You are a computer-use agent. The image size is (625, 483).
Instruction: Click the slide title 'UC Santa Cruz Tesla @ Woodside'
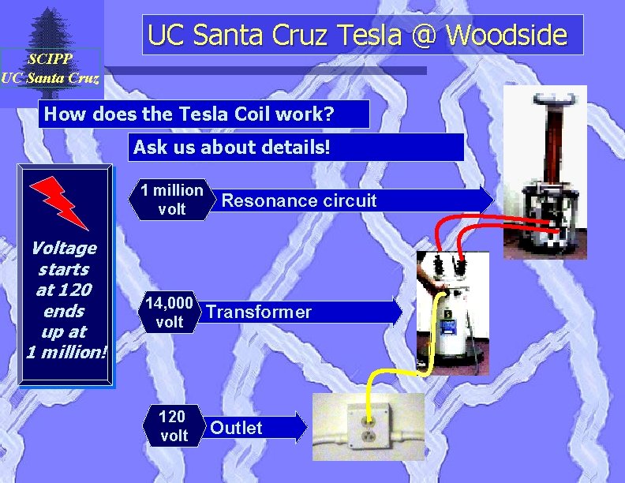(x=357, y=35)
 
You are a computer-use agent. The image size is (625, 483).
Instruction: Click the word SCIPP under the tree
(x=50, y=59)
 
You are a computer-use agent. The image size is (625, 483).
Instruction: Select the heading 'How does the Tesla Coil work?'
(x=189, y=114)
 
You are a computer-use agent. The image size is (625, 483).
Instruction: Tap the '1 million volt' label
(x=172, y=200)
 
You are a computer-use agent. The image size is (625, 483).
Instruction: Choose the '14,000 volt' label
(x=169, y=312)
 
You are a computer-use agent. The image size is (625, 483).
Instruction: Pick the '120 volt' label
(x=173, y=426)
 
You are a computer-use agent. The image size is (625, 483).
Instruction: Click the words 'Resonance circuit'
(x=299, y=200)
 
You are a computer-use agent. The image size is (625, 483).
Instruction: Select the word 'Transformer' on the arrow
(x=259, y=313)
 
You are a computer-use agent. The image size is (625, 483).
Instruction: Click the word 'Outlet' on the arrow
(x=236, y=428)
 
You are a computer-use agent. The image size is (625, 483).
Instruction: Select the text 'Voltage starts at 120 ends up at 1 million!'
(x=65, y=300)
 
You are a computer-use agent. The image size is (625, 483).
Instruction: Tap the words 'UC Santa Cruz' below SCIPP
(x=50, y=77)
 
